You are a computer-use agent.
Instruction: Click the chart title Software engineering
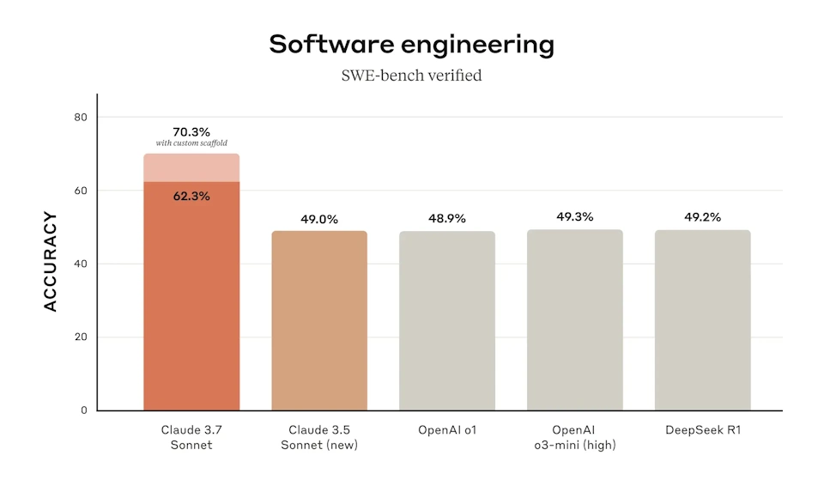coord(411,44)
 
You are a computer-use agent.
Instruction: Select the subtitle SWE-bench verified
coord(412,76)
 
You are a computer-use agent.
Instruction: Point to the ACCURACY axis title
coord(51,262)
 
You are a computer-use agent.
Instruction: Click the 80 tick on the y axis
coord(81,117)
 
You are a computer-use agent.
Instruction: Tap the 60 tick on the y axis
coord(81,191)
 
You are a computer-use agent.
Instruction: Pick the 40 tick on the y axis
coord(81,264)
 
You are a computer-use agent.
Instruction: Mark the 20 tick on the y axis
coord(81,337)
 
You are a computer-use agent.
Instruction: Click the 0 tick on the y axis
coord(83,410)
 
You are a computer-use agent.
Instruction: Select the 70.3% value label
coord(191,131)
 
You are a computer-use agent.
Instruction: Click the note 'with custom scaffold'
coord(191,143)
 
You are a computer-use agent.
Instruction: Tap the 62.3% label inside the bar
coord(191,196)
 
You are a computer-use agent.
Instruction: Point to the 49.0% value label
coord(319,219)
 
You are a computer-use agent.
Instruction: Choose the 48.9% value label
coord(447,219)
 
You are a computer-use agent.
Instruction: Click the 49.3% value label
coord(575,216)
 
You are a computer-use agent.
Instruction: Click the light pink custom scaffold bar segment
coord(191,168)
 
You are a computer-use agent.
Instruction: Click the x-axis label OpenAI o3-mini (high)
coord(575,436)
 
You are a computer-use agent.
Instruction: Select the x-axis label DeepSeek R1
coord(702,429)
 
